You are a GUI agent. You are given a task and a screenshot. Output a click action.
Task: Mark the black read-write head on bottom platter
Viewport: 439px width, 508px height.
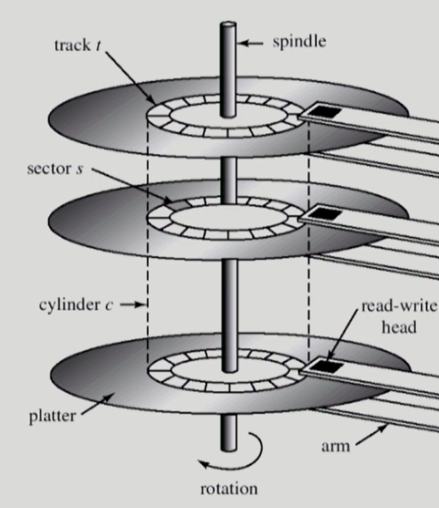[330, 366]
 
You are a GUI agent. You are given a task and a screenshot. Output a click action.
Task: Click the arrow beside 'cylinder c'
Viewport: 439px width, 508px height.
[131, 304]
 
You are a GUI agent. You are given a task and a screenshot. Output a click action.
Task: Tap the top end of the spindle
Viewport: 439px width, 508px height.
[228, 25]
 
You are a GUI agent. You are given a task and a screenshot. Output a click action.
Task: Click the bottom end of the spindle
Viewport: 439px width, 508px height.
[228, 448]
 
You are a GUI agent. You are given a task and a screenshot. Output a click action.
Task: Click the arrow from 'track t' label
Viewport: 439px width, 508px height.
[132, 80]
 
